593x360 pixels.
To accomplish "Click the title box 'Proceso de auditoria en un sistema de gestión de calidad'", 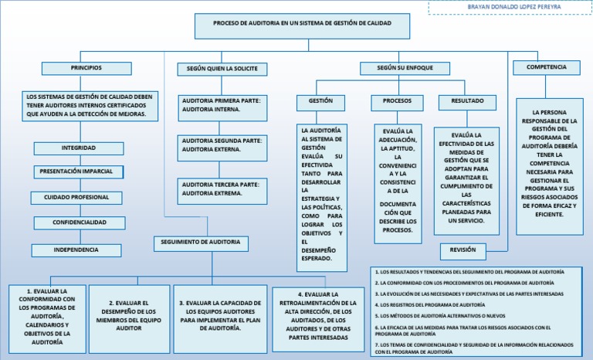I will pos(302,25).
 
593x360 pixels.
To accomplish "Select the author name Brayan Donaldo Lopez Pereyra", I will pos(509,7).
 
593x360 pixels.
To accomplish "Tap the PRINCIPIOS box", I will pos(86,69).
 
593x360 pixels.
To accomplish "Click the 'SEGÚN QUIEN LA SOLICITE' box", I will pos(222,70).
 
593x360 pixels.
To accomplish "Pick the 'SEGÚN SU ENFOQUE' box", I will pos(405,69).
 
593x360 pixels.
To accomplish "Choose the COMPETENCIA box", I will pos(546,68).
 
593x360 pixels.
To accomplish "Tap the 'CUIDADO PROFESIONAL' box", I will pos(76,198).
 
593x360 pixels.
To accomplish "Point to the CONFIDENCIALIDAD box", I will pos(79,222).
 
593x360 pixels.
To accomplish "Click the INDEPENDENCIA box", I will pos(76,250).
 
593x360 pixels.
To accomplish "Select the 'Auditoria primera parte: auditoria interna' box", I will pos(222,105).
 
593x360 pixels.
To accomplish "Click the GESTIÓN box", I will pos(320,102).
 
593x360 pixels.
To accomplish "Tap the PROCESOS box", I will pos(397,102).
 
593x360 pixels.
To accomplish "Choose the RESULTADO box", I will pos(467,102).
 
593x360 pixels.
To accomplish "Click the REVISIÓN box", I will pos(463,251).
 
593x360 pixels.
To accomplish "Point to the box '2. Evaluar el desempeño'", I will pos(128,315).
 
